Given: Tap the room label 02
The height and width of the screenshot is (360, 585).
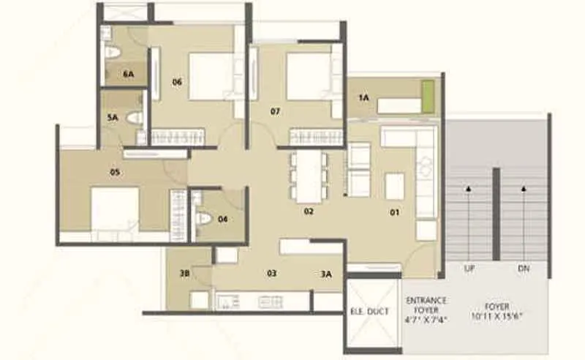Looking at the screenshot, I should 309,212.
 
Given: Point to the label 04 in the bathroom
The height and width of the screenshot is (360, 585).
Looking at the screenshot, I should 223,218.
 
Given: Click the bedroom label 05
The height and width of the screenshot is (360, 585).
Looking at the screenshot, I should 115,173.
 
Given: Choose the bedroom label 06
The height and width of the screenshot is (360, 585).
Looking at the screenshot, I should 177,82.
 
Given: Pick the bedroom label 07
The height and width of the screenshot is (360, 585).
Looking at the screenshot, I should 275,112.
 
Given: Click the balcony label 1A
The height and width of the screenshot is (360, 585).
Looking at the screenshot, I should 363,97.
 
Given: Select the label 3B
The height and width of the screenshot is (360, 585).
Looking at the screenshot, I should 185,274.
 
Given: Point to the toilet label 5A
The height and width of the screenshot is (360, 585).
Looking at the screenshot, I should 113,117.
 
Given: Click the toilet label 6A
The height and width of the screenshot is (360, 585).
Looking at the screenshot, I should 129,74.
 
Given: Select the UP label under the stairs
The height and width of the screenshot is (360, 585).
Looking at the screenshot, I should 469,269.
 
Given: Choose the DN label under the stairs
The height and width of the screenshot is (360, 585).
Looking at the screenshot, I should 524,269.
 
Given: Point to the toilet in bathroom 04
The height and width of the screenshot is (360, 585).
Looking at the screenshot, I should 205,218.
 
